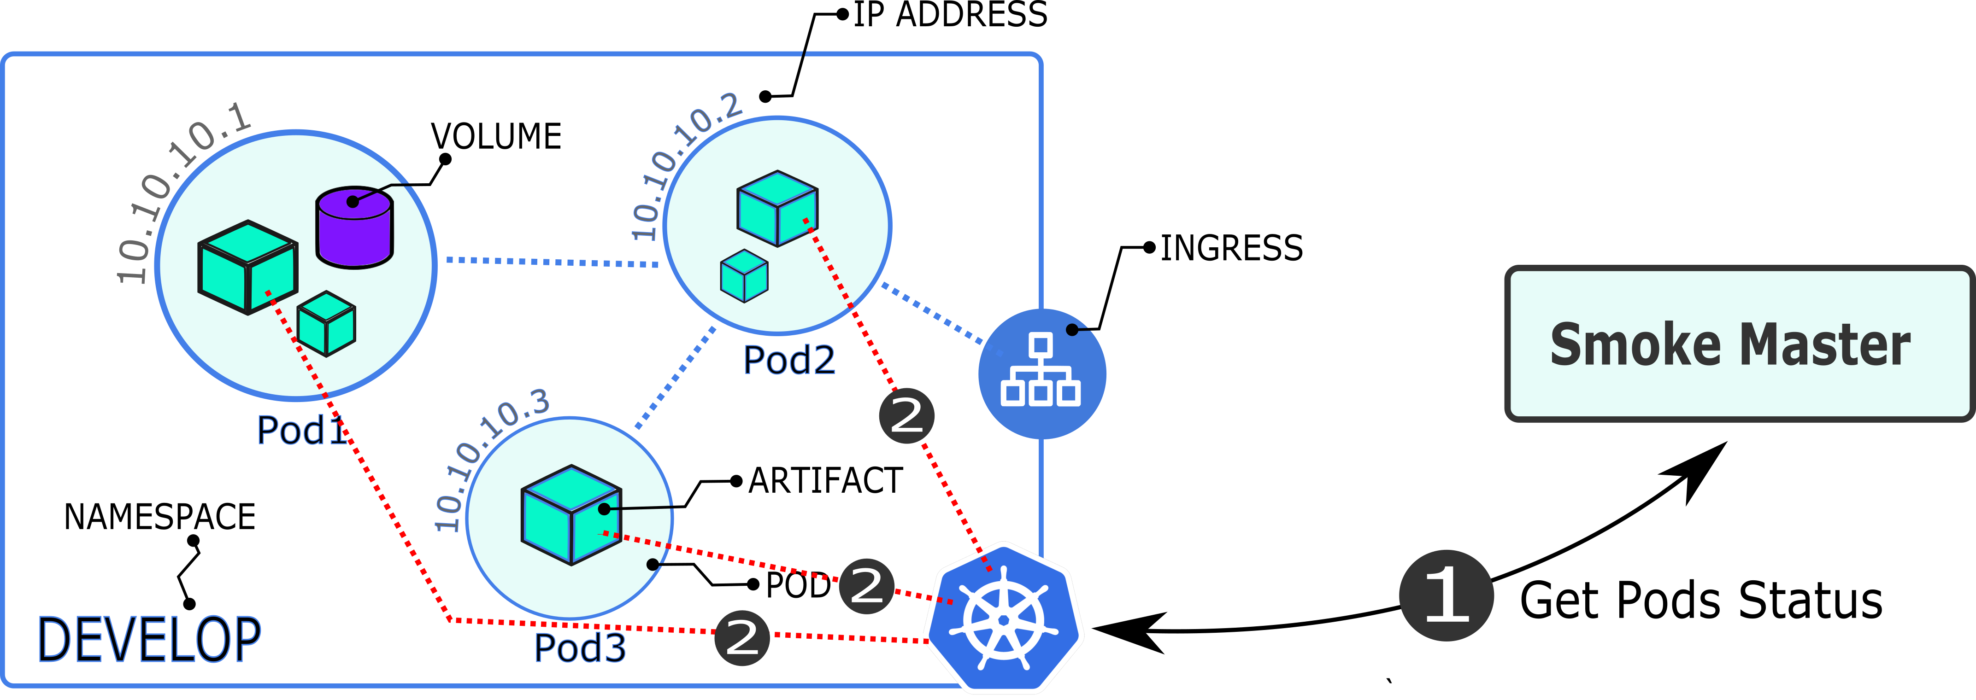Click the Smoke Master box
1738,344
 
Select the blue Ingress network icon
1042,373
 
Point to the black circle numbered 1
1446,596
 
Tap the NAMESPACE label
159,517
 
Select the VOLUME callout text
496,136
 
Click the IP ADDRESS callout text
950,15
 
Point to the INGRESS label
1231,248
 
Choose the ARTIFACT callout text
825,481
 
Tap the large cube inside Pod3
570,514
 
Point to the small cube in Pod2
744,276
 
